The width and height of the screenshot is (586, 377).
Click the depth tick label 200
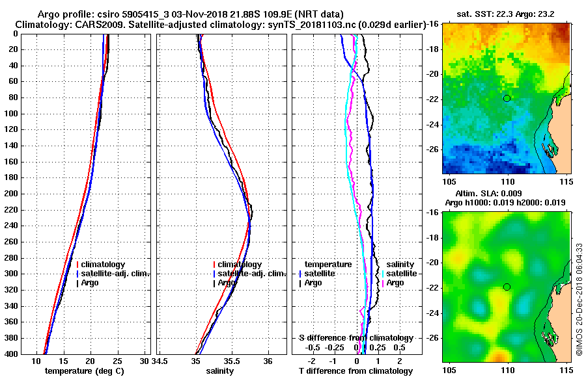(x=11, y=194)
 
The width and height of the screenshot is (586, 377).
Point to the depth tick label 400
(x=11, y=354)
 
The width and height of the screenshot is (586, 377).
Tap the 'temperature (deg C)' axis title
(x=84, y=370)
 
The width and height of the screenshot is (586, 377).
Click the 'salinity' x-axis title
(x=221, y=370)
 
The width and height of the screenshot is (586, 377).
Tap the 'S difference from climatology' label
(x=356, y=338)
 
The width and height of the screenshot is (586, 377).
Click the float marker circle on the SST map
(x=507, y=98)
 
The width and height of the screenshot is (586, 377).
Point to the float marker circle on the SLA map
(x=507, y=287)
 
